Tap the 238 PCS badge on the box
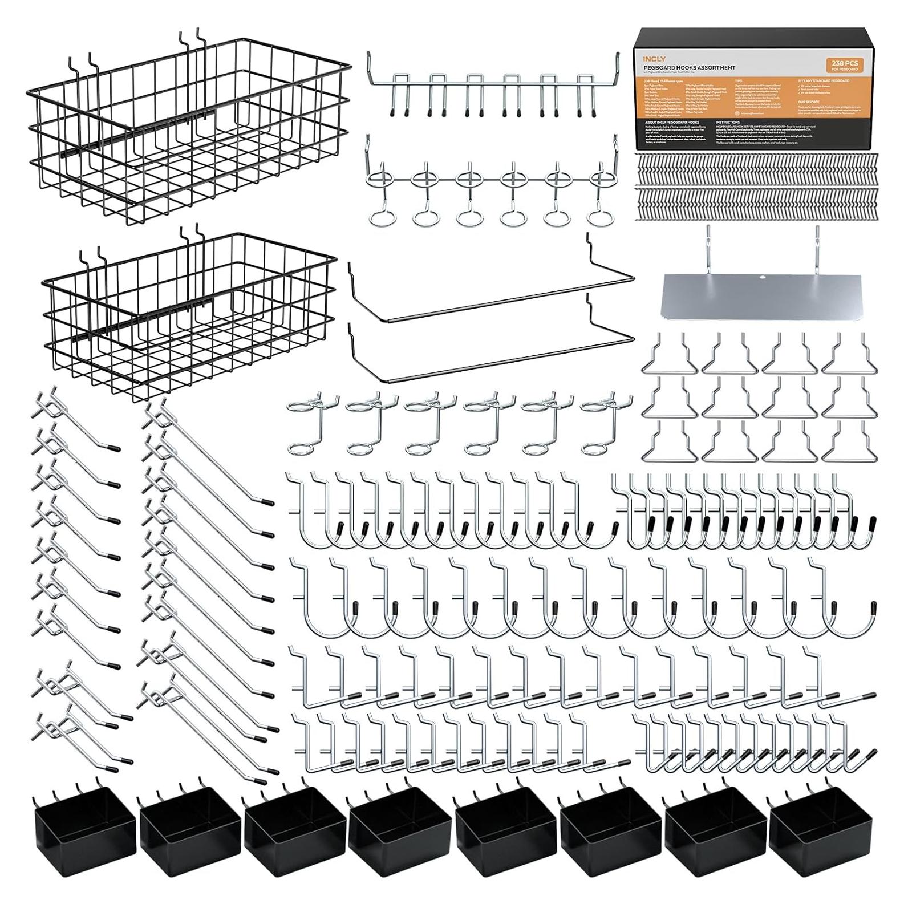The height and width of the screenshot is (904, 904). [840, 64]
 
